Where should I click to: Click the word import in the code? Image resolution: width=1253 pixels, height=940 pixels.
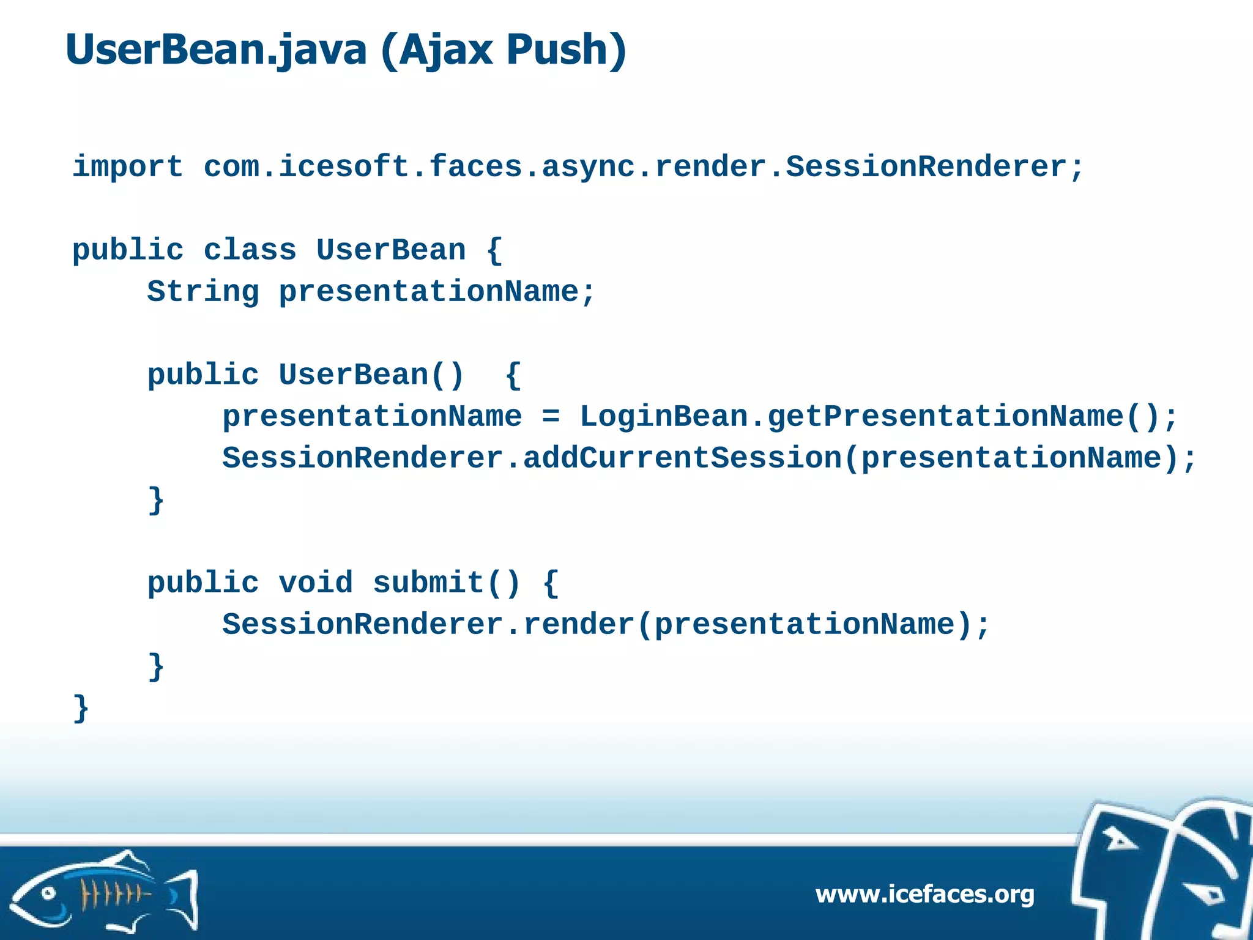coord(127,167)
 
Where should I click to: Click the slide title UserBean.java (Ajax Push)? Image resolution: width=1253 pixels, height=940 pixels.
coord(346,50)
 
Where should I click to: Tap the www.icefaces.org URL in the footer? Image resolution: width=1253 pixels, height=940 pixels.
coord(924,894)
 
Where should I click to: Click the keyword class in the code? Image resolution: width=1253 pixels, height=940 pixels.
coord(250,250)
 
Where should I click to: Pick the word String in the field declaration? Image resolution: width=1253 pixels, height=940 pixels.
coord(203,292)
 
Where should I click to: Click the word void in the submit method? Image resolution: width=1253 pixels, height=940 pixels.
coord(316,583)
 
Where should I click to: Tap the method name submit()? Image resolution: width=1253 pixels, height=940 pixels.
coord(446,583)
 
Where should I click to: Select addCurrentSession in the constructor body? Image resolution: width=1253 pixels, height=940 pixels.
coord(682,458)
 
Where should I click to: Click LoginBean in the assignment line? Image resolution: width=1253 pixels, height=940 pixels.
coord(664,417)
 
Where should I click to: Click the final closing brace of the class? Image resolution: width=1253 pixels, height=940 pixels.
coord(81,709)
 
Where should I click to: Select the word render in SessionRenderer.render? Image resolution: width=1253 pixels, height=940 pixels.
coord(579,625)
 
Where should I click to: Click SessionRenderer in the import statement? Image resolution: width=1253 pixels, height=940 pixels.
coord(926,167)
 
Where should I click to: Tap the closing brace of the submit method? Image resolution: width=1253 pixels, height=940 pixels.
coord(156,666)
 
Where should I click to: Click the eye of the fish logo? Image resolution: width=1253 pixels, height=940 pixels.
coord(48,894)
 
